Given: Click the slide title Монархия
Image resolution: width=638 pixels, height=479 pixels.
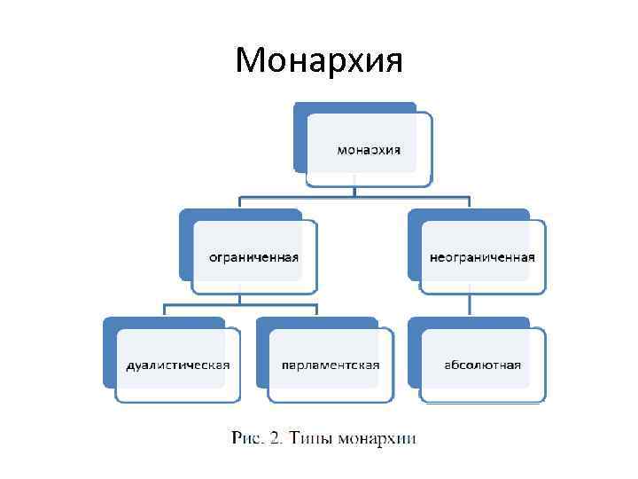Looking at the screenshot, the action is point(319,60).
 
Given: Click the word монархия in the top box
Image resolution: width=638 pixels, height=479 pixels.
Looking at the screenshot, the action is point(369,149).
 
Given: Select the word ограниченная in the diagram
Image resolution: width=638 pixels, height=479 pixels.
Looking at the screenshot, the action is point(253,257).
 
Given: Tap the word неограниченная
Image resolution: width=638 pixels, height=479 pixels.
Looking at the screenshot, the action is point(482,257).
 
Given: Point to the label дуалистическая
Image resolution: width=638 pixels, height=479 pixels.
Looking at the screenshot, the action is point(177,365).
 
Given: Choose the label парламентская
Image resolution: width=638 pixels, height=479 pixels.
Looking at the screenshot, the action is point(331,365).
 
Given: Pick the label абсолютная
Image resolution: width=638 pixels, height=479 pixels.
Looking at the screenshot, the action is point(483,365).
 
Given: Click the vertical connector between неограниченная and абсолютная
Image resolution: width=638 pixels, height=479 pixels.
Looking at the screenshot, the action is point(470,306).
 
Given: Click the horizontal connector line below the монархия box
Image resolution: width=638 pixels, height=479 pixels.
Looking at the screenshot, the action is point(354,196).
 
